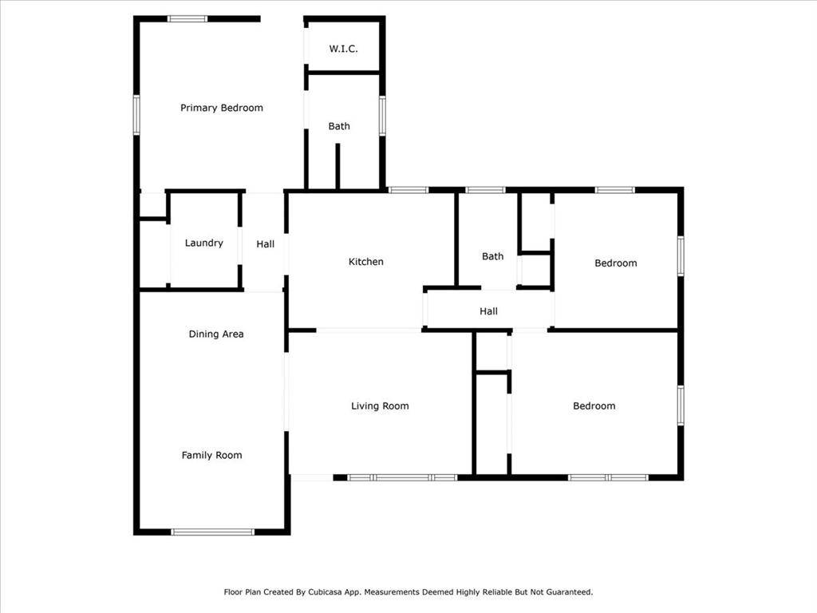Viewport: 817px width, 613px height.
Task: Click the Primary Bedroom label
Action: coord(222,108)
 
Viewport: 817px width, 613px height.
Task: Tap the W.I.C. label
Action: coord(343,49)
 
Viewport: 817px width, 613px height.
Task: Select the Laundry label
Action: coord(203,243)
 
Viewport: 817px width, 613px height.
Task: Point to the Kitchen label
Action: coord(365,262)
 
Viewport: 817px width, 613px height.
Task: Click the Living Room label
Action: coord(380,406)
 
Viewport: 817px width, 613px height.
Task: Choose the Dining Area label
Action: coord(216,334)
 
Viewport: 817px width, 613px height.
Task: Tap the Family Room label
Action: coord(211,455)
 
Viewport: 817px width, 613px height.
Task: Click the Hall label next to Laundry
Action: coord(265,244)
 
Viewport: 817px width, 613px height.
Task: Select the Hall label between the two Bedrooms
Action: coord(489,311)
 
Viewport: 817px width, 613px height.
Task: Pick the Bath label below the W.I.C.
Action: coord(339,126)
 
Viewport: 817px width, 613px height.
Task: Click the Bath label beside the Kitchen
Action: coord(493,256)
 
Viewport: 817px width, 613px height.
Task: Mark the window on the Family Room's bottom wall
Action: coord(212,532)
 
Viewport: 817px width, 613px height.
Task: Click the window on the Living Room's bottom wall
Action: coord(402,477)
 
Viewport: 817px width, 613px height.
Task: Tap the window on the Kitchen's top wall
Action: coord(408,190)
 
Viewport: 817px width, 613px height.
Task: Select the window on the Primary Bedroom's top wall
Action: coord(187,19)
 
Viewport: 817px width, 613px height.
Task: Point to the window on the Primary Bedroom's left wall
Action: coord(136,115)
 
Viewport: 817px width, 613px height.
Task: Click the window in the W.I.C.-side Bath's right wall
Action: coord(382,116)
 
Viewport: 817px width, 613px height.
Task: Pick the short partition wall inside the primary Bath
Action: coord(337,166)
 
